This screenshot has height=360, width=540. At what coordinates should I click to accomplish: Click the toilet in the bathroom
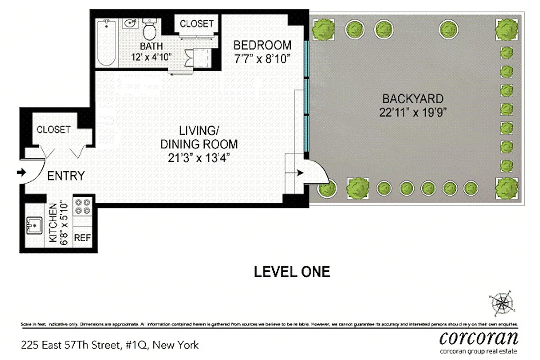tap(149, 30)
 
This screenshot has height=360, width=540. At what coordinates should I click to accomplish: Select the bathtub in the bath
tap(107, 43)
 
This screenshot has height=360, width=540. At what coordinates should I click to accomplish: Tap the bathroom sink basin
tap(130, 23)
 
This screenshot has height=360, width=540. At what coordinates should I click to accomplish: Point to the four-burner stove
tap(82, 207)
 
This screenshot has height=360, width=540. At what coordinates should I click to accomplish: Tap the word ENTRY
tap(66, 175)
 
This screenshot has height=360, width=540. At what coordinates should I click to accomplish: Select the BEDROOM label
tap(262, 45)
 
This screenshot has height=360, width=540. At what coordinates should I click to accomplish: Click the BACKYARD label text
tap(413, 99)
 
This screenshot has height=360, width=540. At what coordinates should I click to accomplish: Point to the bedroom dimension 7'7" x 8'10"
tap(262, 59)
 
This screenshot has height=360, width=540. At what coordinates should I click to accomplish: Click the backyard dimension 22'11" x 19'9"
tap(413, 112)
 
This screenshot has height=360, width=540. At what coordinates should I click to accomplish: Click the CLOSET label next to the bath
tap(196, 24)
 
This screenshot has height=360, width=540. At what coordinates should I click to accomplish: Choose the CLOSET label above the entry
tap(54, 130)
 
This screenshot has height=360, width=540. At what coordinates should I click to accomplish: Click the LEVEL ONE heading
tap(292, 272)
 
